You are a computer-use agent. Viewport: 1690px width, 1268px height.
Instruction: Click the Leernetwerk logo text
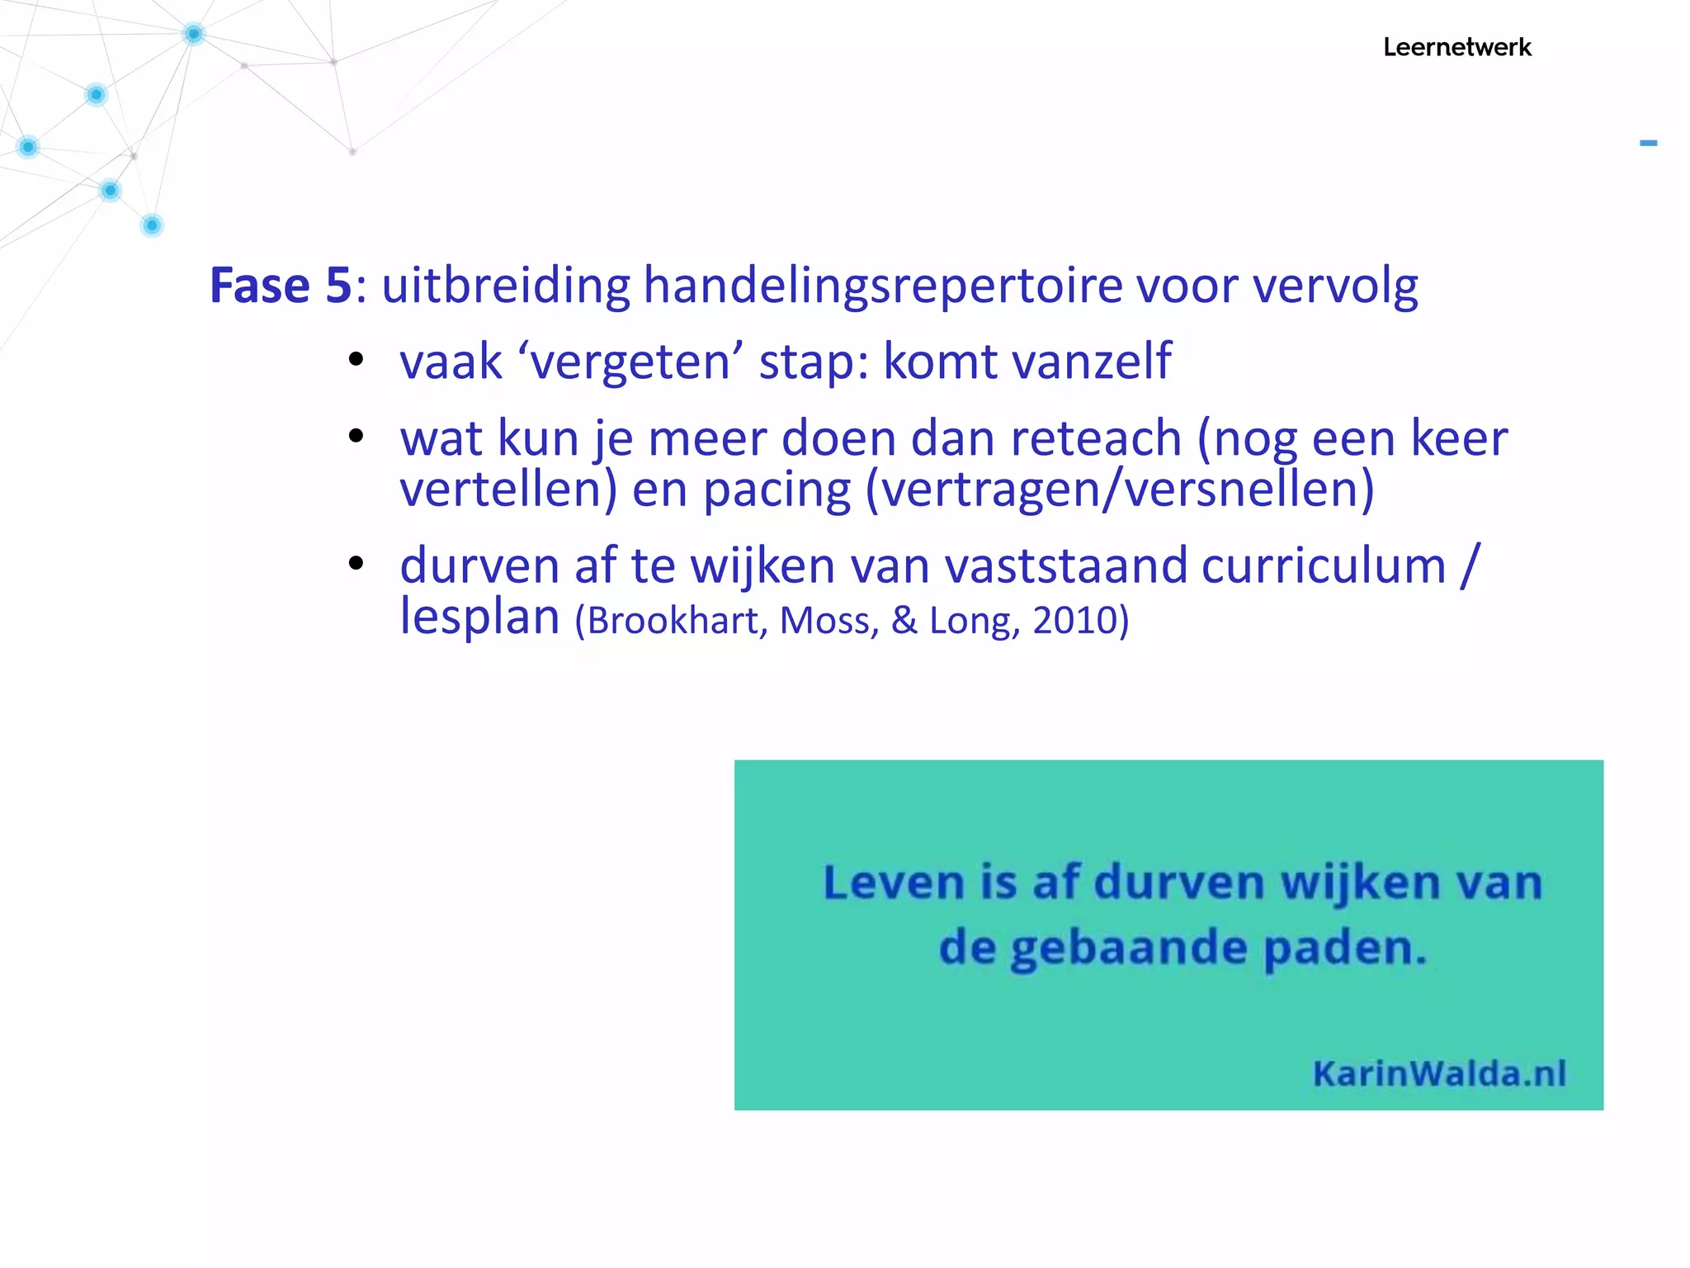[x=1456, y=47]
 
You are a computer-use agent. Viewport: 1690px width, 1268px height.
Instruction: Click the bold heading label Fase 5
[x=281, y=286]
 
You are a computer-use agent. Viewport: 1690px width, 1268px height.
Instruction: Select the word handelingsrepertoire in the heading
[x=882, y=286]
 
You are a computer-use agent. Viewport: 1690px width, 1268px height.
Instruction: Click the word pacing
[x=777, y=490]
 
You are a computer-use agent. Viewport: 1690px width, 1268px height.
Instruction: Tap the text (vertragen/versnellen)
[x=1120, y=490]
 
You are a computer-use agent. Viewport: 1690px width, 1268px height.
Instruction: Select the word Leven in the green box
[x=894, y=882]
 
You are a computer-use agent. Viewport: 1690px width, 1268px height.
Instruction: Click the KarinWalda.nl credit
[x=1439, y=1073]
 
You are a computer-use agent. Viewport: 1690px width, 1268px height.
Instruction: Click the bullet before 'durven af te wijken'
[x=356, y=565]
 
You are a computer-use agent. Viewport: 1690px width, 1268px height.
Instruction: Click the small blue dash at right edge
[x=1648, y=144]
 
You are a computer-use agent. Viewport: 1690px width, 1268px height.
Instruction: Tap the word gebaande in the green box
[x=1129, y=949]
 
